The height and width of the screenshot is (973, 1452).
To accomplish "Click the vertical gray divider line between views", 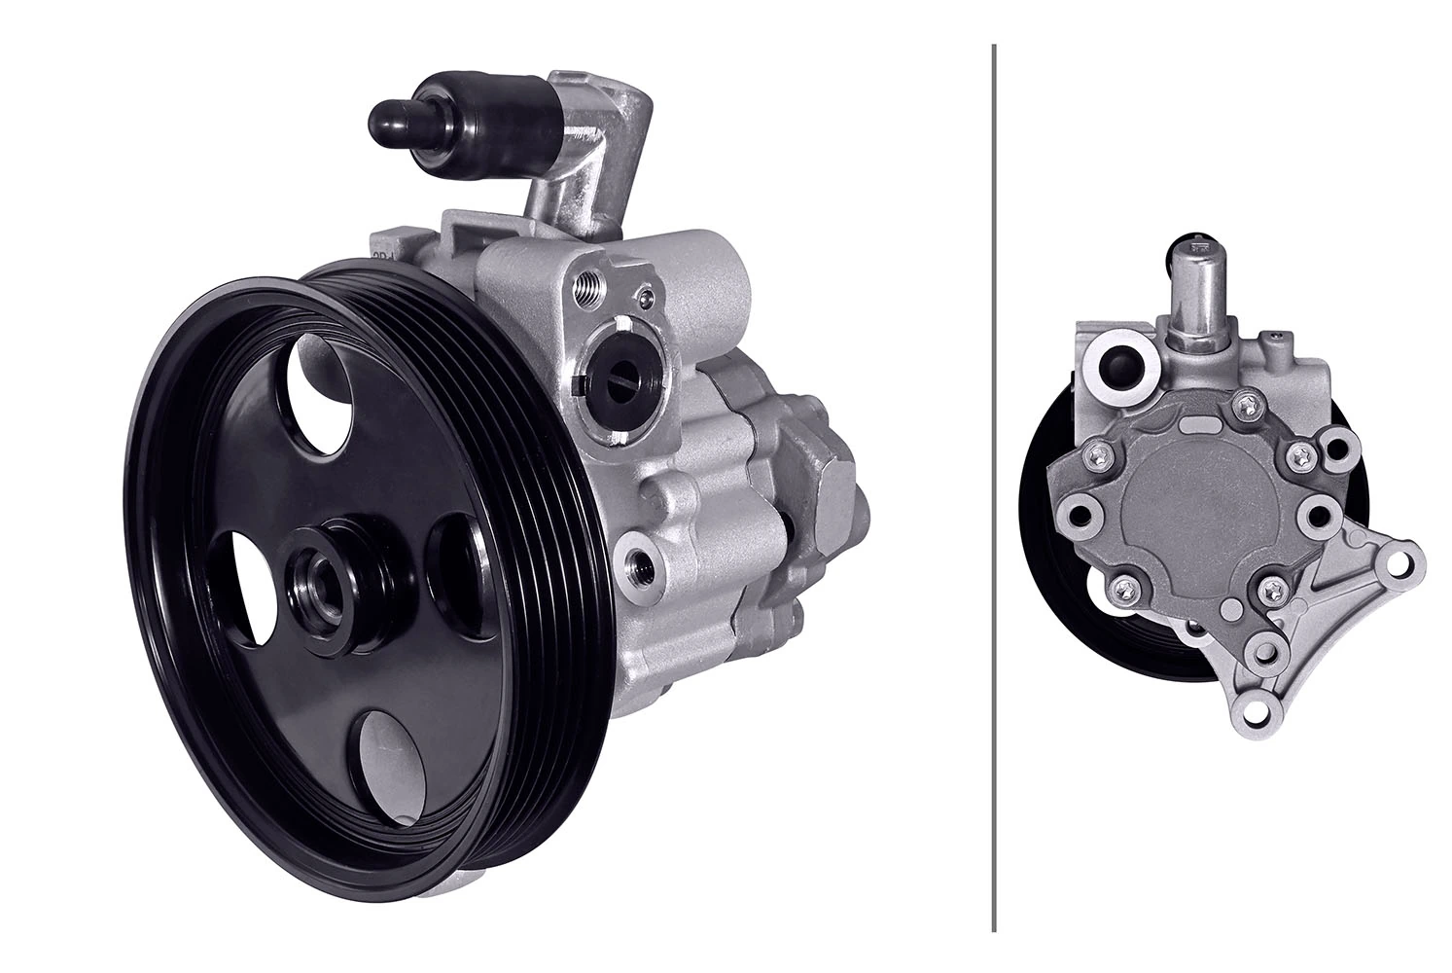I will (x=993, y=486).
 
